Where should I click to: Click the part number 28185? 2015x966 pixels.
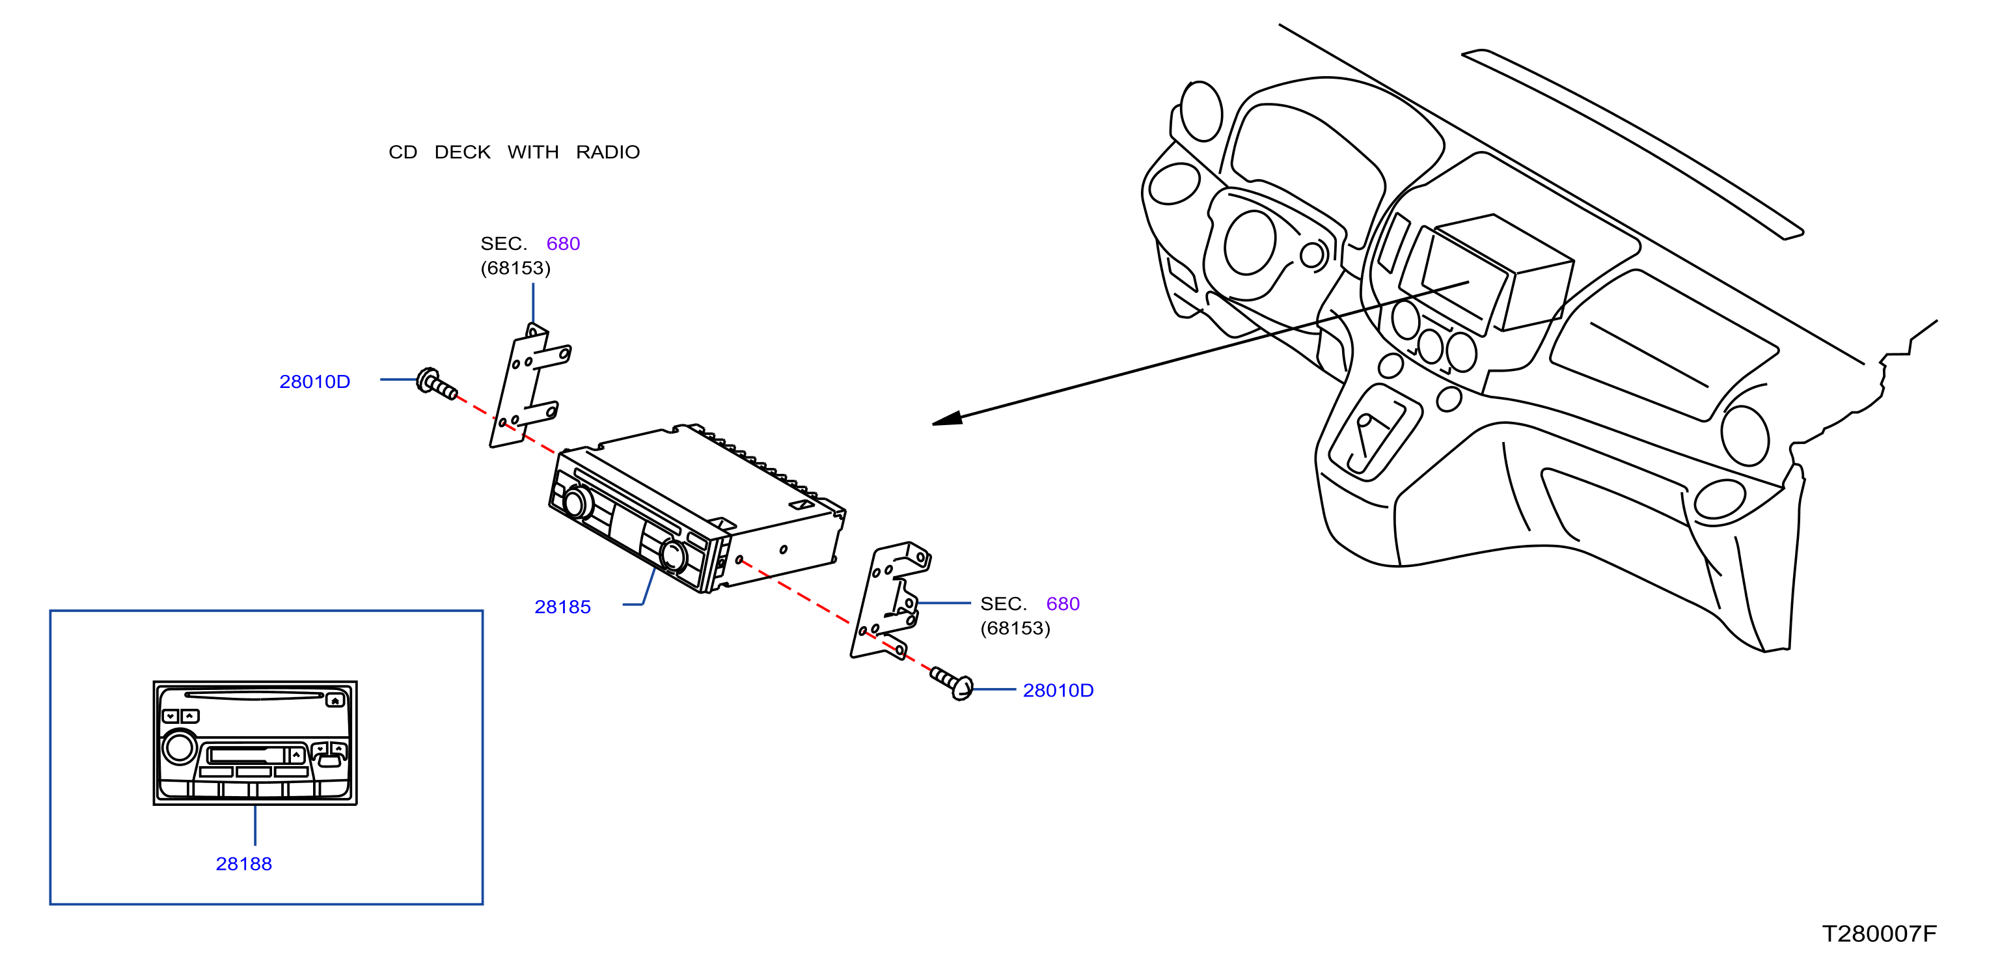tap(562, 607)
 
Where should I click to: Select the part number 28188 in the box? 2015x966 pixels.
tap(244, 864)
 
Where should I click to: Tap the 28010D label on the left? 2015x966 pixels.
tap(314, 381)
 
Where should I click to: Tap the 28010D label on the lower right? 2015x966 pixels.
tap(1058, 691)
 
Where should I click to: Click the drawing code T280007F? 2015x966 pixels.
tap(1880, 934)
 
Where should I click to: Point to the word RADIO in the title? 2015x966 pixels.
tap(608, 152)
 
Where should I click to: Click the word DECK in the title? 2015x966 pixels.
tap(462, 152)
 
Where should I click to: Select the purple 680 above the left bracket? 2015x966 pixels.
tap(563, 244)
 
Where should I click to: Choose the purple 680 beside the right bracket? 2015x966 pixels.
tap(1063, 604)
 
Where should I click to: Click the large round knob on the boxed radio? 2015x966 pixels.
tap(179, 748)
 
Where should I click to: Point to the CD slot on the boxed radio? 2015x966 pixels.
tap(254, 695)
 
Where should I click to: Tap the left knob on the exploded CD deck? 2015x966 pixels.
tap(577, 502)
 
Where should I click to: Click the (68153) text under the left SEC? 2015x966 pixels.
tap(515, 268)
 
